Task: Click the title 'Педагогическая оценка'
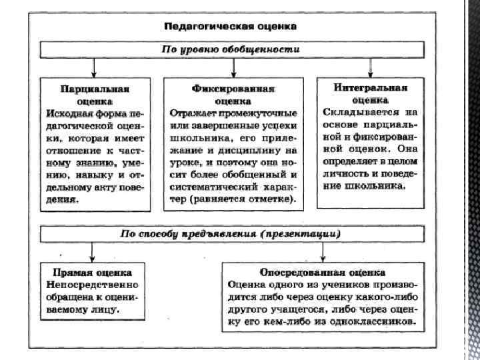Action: click(x=231, y=27)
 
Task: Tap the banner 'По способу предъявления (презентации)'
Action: click(x=230, y=234)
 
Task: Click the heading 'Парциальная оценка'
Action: click(x=94, y=94)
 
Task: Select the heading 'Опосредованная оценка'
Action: click(x=322, y=273)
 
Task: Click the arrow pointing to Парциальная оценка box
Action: click(x=94, y=69)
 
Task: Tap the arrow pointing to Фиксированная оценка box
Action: click(x=233, y=69)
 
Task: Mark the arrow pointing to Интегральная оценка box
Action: click(x=371, y=69)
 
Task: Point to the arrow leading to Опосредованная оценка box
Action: click(x=323, y=252)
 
